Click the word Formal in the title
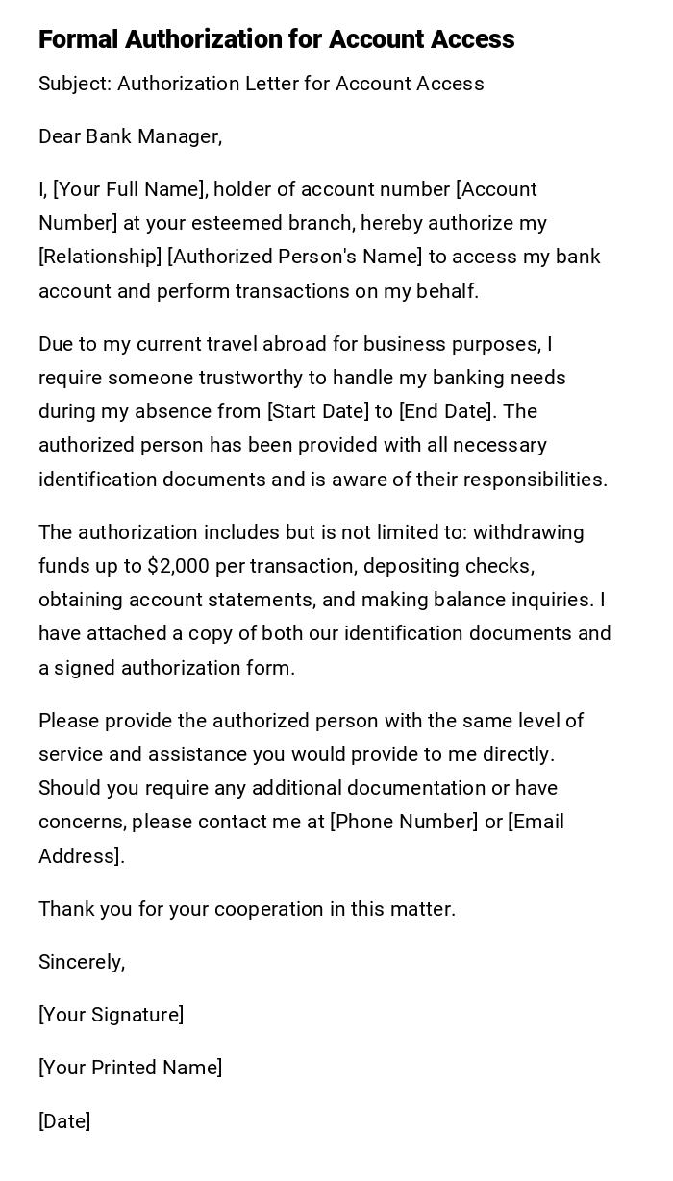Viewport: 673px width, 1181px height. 78,39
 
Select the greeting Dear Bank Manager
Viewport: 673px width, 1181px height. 130,136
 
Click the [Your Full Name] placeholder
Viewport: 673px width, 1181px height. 129,189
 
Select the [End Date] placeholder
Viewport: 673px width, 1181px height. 447,411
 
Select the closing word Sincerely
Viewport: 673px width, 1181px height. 82,962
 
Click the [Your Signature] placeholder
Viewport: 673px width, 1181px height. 112,1015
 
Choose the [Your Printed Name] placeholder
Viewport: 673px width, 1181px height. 131,1068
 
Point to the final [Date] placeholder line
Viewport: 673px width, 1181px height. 64,1121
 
